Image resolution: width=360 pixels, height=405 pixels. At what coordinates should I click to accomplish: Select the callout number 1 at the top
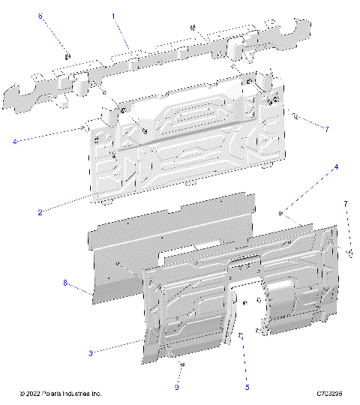click(x=113, y=15)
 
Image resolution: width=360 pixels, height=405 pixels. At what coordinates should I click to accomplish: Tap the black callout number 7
click(x=326, y=130)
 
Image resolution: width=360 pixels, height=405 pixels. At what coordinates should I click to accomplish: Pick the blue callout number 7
click(x=346, y=204)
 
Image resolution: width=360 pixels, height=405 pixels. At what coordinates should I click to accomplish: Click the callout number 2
click(x=39, y=212)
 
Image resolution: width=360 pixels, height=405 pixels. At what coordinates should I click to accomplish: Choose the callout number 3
click(x=91, y=352)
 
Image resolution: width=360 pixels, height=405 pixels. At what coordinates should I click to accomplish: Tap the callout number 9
click(x=177, y=388)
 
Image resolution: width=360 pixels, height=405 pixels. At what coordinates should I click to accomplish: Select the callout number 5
click(x=247, y=388)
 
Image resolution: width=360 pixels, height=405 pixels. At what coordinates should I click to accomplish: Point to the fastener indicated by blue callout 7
click(x=349, y=253)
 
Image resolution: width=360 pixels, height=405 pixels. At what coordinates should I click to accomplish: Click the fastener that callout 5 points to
click(x=241, y=337)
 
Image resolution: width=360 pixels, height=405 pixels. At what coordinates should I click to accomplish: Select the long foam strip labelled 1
click(x=150, y=64)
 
